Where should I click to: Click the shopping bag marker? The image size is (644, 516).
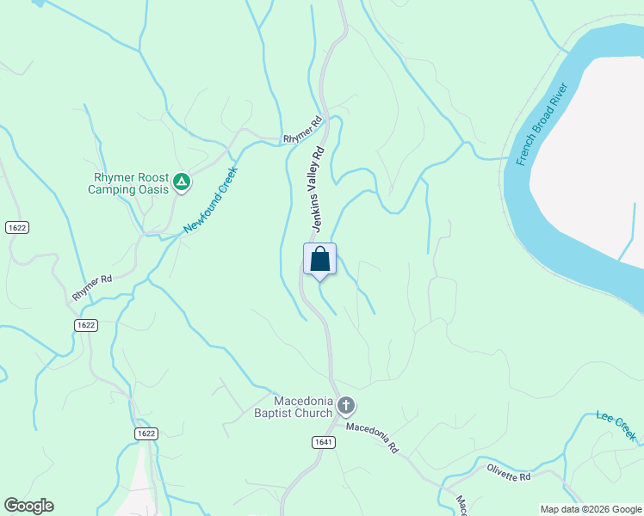pos(319,259)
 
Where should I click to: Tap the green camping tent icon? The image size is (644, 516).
pos(181,181)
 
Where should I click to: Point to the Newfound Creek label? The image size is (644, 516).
pos(209,200)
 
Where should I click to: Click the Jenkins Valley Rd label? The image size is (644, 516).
pos(317,187)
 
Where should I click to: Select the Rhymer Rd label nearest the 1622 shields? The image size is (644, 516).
pos(92,286)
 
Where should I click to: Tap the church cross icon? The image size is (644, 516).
pos(345,405)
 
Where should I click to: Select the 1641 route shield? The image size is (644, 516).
pos(323,441)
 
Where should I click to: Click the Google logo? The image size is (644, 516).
pos(28,506)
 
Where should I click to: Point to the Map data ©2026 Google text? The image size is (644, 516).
pos(590,509)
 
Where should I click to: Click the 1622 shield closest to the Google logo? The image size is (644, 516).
pos(146,433)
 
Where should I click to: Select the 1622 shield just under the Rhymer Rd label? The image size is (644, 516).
pos(85,324)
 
